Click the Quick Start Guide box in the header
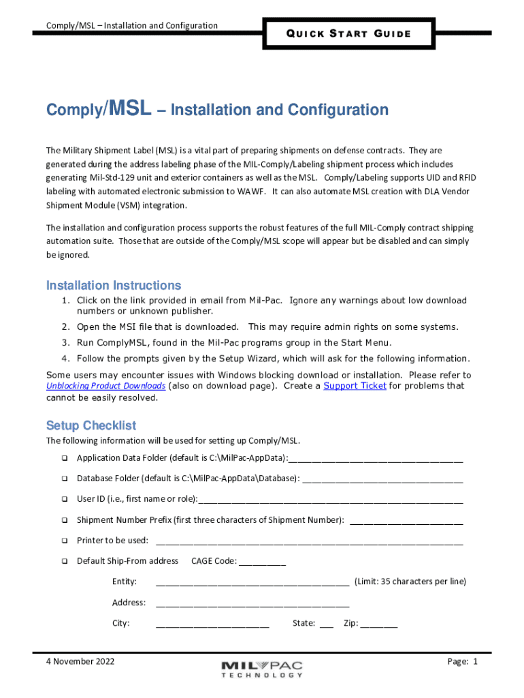(348, 33)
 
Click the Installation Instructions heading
(113, 285)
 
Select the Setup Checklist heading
(91, 425)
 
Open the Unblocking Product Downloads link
(105, 386)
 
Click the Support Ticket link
(355, 386)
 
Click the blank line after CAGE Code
(263, 563)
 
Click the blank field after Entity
(252, 583)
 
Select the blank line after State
(326, 625)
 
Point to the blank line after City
(212, 625)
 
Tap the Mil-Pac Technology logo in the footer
(262, 669)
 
